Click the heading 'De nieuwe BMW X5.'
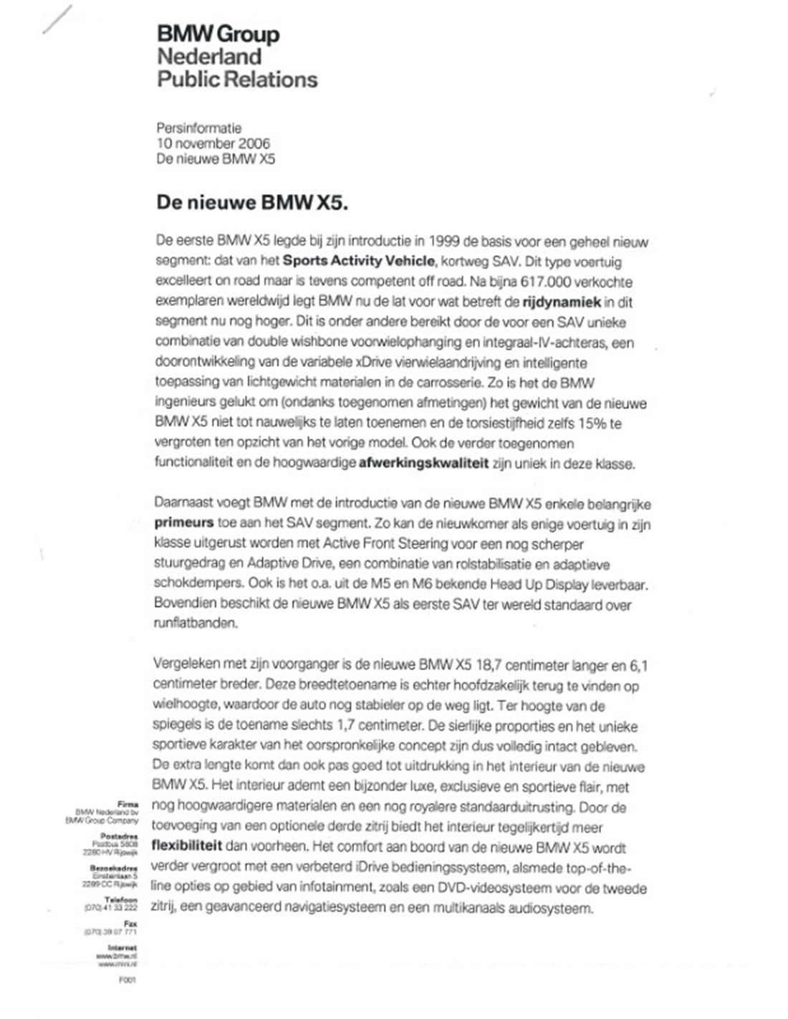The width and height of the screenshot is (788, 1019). tap(252, 203)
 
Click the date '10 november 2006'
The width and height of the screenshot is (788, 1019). tap(213, 143)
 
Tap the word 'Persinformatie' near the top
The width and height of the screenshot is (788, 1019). tap(199, 129)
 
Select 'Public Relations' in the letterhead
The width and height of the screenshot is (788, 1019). tap(237, 80)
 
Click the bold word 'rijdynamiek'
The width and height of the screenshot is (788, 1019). tap(561, 302)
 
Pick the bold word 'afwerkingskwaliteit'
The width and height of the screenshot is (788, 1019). tap(424, 464)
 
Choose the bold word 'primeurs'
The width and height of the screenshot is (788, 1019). tap(183, 524)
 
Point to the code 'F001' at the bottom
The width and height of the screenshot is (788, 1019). tap(128, 980)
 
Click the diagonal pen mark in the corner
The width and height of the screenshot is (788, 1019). tap(57, 19)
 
